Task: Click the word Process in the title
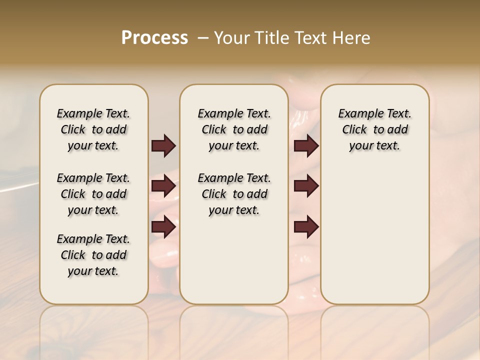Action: pos(154,38)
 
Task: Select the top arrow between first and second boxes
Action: pos(163,146)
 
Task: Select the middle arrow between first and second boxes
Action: pos(163,186)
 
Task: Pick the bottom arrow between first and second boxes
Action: pos(163,227)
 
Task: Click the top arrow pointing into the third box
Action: pos(306,146)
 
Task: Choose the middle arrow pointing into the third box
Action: pos(306,186)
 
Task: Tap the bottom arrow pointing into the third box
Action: pos(306,227)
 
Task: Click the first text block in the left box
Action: pos(93,129)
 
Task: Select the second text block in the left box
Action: pos(93,194)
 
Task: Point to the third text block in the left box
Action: pos(93,255)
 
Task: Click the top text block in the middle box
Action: pos(234,129)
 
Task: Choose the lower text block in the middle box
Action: pos(234,194)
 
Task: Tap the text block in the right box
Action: pos(375,129)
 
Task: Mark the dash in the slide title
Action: pos(203,38)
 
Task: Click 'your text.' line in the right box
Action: pos(375,145)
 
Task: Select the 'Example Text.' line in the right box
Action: pos(375,113)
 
